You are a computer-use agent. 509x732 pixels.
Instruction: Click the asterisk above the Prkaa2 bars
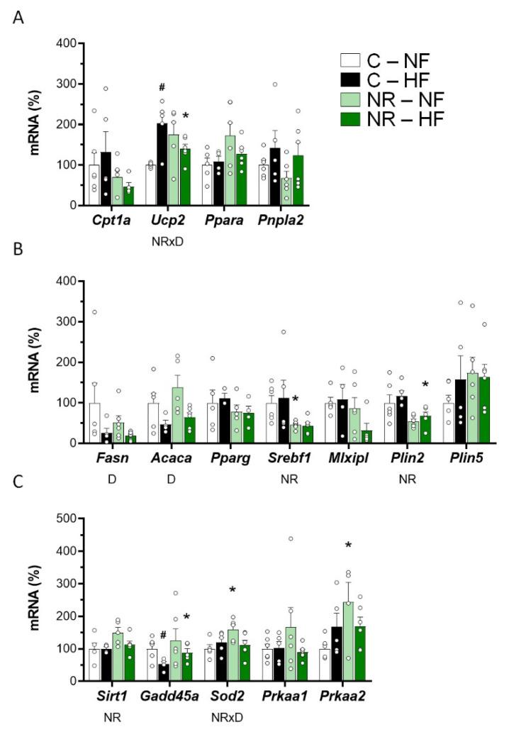(427, 545)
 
